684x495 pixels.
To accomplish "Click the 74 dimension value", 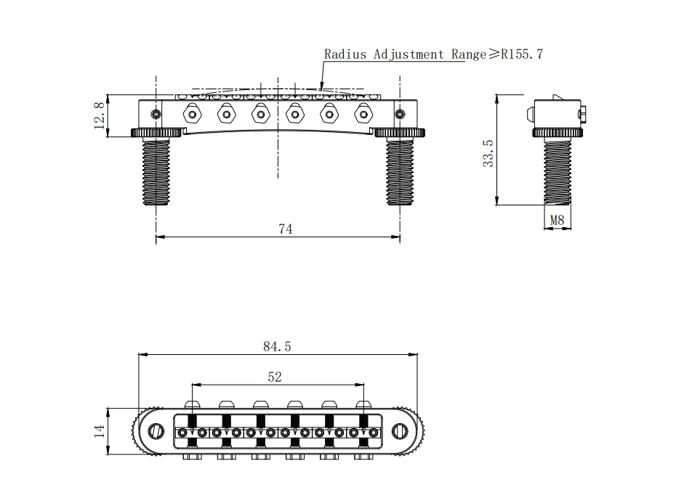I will click(285, 229).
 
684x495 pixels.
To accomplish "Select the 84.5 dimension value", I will click(277, 347).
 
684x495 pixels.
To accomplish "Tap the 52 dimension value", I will click(275, 377).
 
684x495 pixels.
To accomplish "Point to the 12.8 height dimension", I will click(100, 115).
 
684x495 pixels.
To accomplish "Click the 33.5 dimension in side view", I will click(488, 153).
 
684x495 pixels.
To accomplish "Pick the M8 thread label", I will click(557, 220).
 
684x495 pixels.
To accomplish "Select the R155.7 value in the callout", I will click(520, 54).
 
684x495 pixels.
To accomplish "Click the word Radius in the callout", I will click(346, 54).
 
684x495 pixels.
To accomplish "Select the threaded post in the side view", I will click(558, 171).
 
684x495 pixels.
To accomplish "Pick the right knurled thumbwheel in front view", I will click(398, 132).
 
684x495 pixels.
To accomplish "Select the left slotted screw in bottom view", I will click(156, 432).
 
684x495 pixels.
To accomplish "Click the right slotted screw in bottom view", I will click(398, 432).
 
